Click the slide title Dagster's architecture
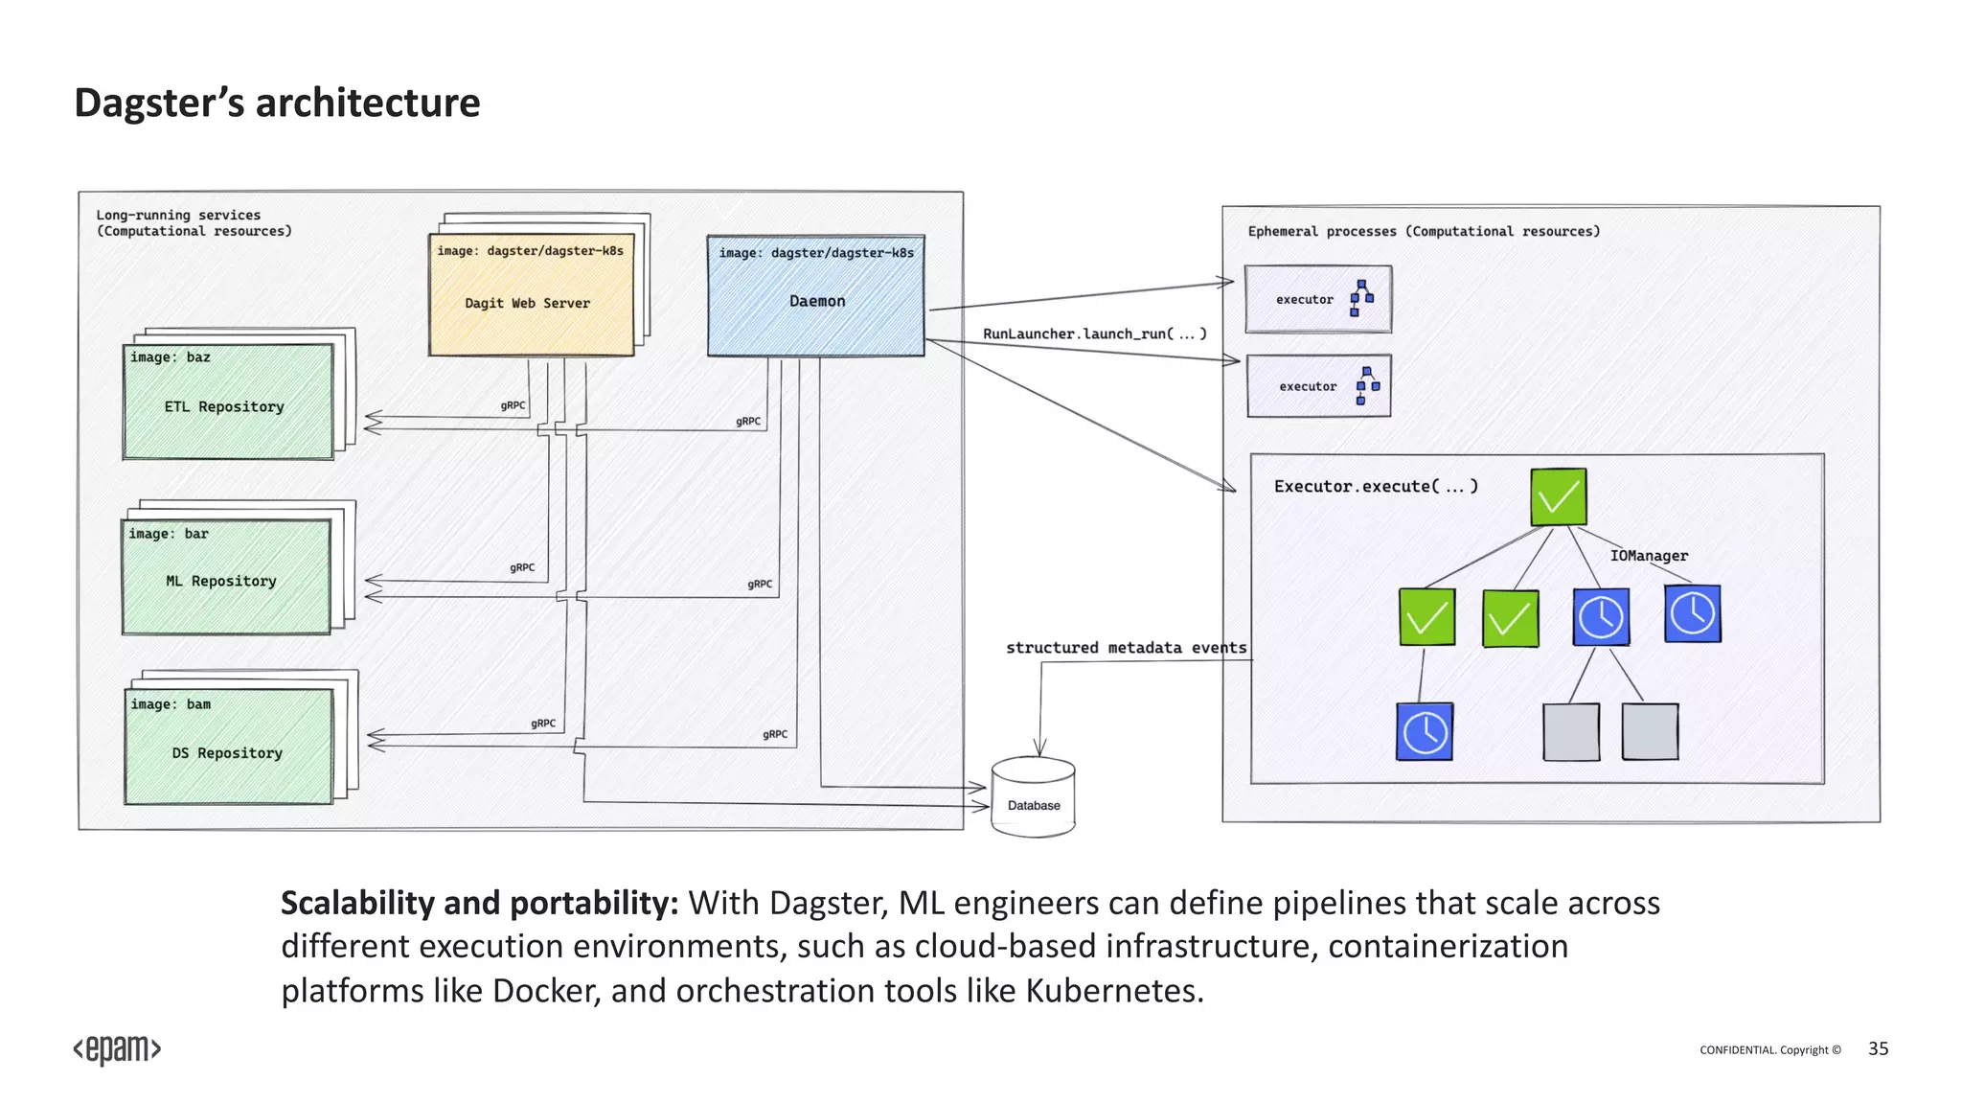pos(277,103)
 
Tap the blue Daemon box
pos(816,296)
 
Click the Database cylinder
pos(1033,798)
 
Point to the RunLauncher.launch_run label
pos(1093,333)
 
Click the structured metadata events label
pos(1126,648)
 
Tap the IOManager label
pos(1648,556)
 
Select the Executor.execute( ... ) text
pos(1375,487)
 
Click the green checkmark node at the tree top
pos(1558,496)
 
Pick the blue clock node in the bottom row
pos(1424,732)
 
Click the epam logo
pos(117,1049)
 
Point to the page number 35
pos(1878,1048)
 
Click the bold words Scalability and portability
pos(479,903)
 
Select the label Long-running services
pos(178,215)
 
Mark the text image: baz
pos(171,357)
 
